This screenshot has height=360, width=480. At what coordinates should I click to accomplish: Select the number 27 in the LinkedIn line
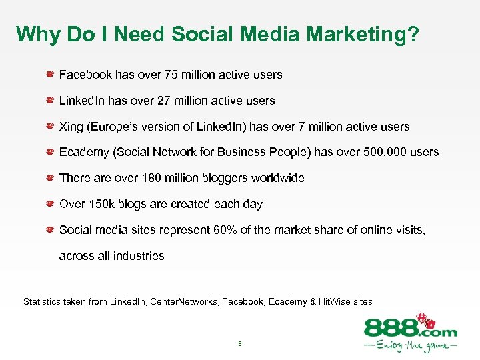coord(165,101)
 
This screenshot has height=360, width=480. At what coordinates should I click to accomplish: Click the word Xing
coord(71,126)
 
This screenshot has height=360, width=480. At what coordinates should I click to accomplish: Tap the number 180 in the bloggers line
coord(151,178)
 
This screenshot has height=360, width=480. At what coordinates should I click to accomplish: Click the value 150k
coord(103,204)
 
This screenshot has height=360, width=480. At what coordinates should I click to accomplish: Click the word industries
coord(139,256)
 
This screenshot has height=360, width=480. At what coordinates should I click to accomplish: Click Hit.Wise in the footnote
coord(335,302)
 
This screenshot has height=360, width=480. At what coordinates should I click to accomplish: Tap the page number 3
coord(239,344)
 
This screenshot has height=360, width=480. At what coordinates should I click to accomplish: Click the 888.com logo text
coord(409,329)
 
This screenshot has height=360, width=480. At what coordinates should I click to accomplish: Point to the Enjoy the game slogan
coord(410,347)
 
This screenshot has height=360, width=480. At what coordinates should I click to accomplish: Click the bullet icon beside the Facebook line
coord(50,74)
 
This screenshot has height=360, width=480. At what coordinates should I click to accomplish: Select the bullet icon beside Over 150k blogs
coord(50,204)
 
